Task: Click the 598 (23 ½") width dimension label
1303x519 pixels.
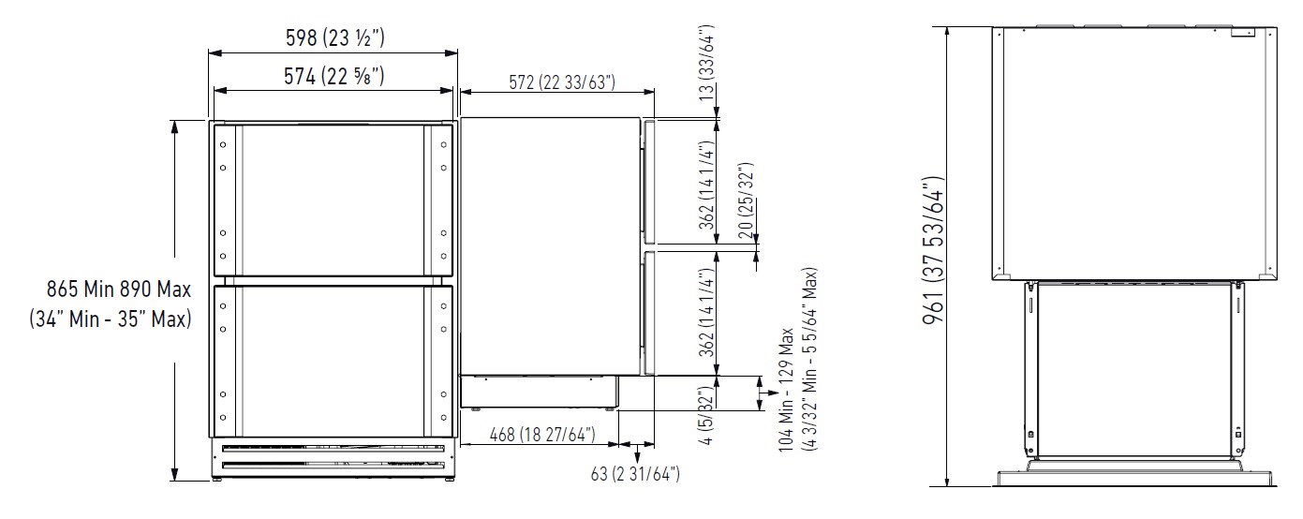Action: (x=335, y=37)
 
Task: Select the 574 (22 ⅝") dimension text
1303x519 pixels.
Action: (x=333, y=76)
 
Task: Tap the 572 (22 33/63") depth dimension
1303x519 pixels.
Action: (x=562, y=82)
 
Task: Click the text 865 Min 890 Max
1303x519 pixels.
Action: (x=119, y=289)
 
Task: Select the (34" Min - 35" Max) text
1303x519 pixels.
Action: (x=111, y=319)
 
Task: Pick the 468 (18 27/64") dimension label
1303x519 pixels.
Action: (x=542, y=435)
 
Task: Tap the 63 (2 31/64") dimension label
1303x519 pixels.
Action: (x=635, y=474)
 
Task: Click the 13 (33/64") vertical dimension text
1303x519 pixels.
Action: (x=706, y=63)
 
